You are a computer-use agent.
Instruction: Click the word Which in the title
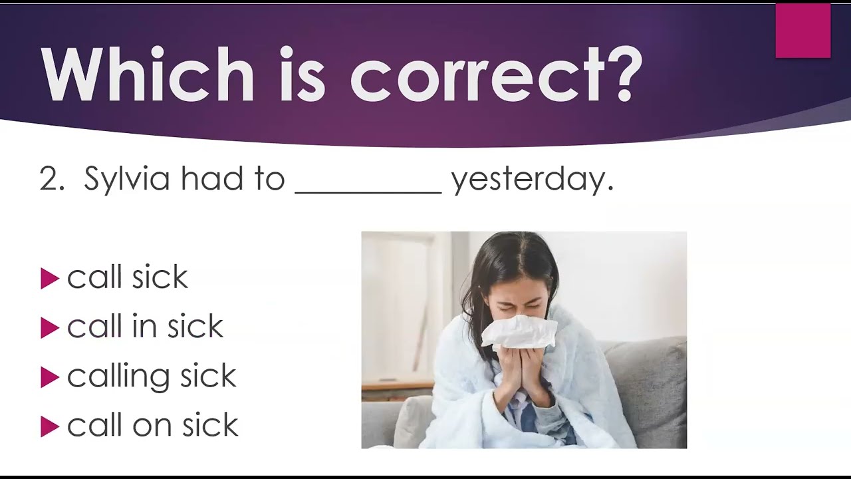point(148,74)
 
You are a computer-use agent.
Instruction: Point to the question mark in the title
point(624,74)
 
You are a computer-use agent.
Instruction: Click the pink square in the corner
point(803,31)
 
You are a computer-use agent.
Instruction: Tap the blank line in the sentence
point(368,193)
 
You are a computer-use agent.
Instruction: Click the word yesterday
point(533,180)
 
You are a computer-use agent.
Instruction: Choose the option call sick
point(127,277)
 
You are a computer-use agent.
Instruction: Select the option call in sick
point(145,326)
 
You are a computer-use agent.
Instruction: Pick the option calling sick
point(152,377)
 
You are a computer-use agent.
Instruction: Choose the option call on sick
point(153,424)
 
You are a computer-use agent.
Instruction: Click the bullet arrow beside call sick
point(50,279)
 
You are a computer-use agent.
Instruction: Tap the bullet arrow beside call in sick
point(50,328)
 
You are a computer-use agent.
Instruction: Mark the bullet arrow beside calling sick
point(50,377)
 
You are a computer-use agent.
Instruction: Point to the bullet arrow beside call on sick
point(50,426)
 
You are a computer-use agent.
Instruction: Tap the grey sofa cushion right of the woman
point(646,392)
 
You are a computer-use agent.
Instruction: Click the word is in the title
point(303,74)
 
